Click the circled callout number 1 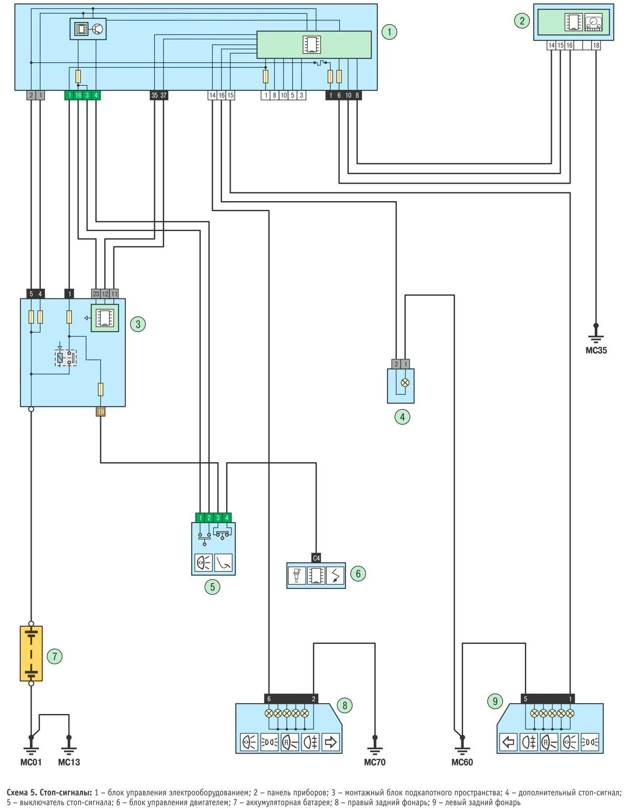coord(389,32)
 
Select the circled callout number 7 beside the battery coord(54,657)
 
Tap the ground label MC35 coord(596,350)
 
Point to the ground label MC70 coord(374,762)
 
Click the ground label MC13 coord(69,762)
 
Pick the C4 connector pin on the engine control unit coord(316,558)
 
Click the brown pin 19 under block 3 coord(101,411)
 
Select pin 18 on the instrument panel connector coord(596,45)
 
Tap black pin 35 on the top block coord(154,95)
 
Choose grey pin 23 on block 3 coord(96,294)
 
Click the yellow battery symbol coord(31,654)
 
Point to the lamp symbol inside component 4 coord(405,383)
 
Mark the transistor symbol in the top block coord(98,29)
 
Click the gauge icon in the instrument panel coord(593,22)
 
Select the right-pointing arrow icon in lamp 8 coord(330,742)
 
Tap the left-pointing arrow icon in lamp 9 coord(508,742)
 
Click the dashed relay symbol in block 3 coord(66,358)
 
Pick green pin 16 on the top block coord(78,95)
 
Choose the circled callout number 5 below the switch coord(212,587)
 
